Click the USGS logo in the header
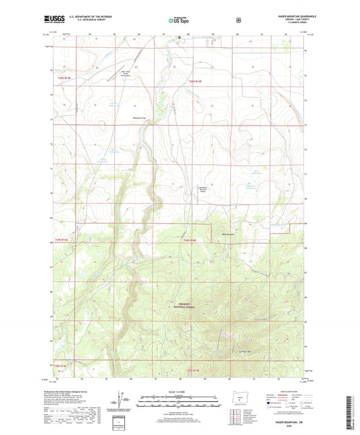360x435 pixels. pyautogui.click(x=56, y=20)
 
